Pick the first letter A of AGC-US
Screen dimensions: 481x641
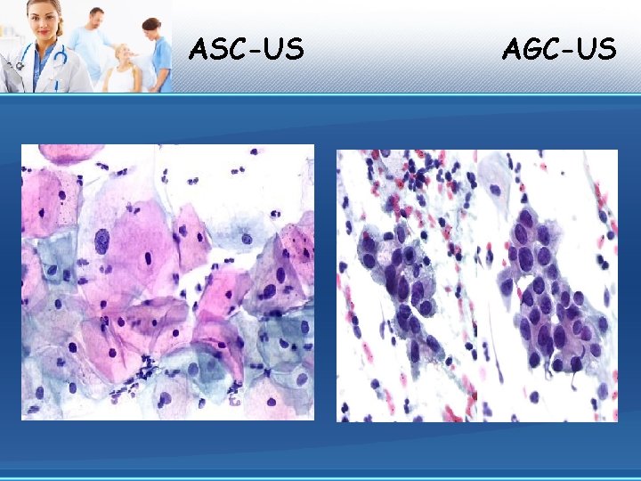click(512, 48)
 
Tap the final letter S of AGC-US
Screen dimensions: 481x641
click(607, 48)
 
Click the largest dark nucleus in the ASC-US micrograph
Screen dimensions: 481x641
click(101, 240)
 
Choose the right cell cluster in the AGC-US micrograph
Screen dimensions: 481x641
click(548, 294)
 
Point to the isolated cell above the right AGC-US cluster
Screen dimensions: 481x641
click(495, 189)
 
